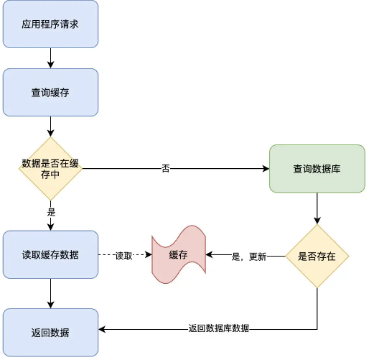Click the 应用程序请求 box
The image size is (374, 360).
50,24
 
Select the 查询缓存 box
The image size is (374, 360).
50,92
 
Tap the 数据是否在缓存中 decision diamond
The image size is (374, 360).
50,169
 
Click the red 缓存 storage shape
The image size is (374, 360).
178,256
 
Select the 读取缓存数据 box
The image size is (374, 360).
50,254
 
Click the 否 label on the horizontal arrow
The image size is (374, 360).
166,169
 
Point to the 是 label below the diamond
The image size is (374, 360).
51,213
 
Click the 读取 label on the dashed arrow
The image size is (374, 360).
124,256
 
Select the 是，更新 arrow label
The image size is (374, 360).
248,256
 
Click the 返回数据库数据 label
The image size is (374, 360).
218,328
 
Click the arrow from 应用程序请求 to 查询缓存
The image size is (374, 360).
50,58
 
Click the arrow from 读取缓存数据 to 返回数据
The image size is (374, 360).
50,293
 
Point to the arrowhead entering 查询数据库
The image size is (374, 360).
265,169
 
